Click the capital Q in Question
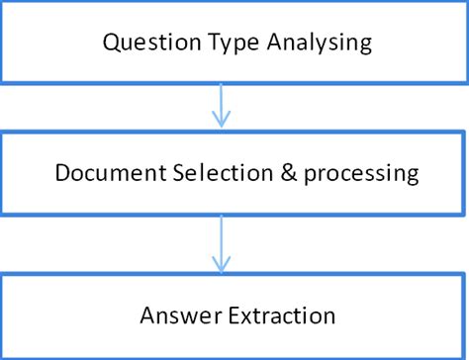pos(111,44)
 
